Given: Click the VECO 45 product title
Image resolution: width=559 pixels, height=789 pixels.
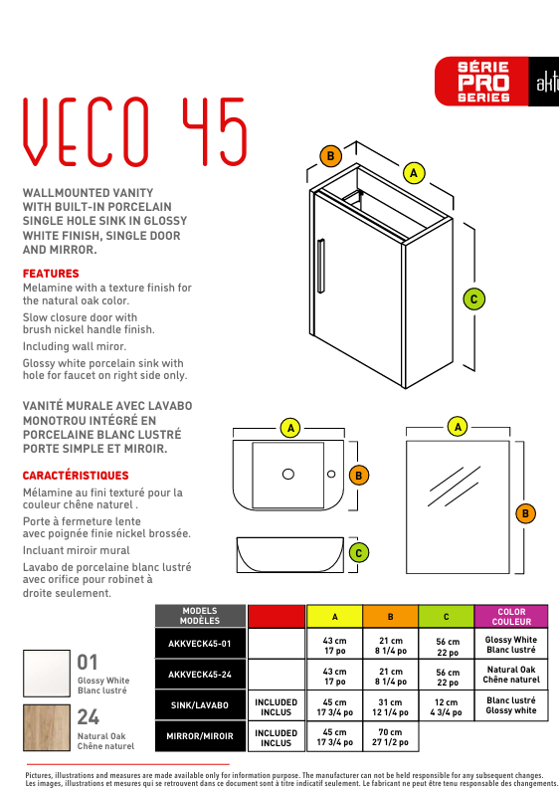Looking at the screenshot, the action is [x=135, y=132].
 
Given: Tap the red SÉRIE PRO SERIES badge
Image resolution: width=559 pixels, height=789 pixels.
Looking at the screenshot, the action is [x=481, y=81].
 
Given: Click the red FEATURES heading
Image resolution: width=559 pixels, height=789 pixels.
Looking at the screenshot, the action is [x=51, y=274].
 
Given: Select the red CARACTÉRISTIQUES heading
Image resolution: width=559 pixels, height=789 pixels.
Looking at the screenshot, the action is [x=76, y=476].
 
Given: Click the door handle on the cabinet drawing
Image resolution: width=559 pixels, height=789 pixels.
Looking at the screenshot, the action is [x=320, y=266].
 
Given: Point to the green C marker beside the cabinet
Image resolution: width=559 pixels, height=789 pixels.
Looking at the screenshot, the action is [x=473, y=299].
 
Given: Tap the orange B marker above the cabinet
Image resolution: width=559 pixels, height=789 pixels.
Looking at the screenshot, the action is [x=330, y=156].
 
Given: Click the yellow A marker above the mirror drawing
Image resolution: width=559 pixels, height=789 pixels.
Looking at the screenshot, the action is [x=458, y=427].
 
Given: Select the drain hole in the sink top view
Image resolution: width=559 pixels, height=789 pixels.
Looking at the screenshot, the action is [x=288, y=474].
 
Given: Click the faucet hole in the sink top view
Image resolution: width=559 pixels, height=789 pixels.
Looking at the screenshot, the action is [x=331, y=474].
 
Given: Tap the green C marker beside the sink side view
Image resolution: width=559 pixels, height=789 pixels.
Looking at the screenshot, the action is [x=358, y=553].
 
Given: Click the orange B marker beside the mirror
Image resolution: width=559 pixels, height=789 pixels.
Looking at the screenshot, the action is [x=525, y=513].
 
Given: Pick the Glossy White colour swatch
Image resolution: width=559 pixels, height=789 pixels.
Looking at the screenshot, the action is [x=47, y=674].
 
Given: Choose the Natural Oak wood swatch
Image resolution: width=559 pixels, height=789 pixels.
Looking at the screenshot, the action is [x=47, y=727].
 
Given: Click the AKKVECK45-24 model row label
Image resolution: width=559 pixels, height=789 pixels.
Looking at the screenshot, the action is [x=200, y=675].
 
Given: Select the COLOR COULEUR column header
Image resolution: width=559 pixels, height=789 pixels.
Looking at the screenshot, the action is [x=511, y=617].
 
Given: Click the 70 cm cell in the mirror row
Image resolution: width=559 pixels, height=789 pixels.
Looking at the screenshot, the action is [x=390, y=736].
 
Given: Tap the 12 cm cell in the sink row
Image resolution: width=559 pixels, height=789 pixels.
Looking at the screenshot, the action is [x=446, y=706].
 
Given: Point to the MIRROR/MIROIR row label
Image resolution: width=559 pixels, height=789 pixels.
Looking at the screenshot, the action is [x=200, y=736].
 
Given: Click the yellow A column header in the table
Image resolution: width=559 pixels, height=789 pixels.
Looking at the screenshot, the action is [x=334, y=617].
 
